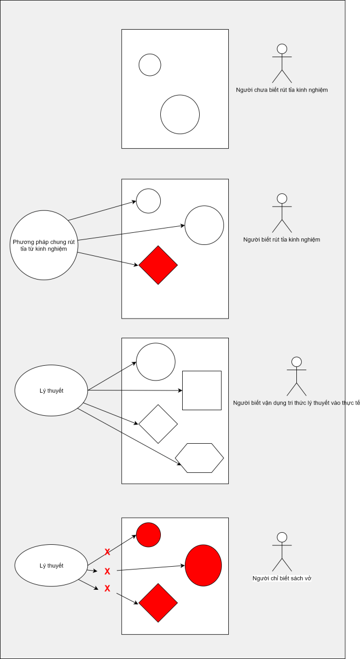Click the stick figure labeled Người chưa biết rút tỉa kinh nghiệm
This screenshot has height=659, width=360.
(x=282, y=63)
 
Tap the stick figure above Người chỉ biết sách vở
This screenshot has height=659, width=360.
(x=282, y=551)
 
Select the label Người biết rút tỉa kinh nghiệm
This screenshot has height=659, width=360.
(x=282, y=239)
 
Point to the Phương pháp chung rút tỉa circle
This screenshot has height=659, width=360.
(x=43, y=245)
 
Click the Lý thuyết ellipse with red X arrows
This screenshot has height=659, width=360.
(x=51, y=566)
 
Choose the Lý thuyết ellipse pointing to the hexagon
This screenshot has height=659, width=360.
(x=51, y=390)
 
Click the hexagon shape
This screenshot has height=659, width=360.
(x=199, y=457)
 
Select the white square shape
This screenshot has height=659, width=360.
(x=201, y=390)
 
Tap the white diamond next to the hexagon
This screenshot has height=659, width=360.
(x=158, y=424)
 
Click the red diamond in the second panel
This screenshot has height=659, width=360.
(x=158, y=265)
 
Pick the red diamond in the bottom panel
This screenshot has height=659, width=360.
(x=158, y=603)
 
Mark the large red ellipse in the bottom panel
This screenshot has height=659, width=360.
(x=203, y=566)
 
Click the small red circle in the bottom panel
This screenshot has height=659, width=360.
(x=148, y=535)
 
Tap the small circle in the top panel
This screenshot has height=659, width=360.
(x=150, y=65)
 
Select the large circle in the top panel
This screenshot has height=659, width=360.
(x=180, y=114)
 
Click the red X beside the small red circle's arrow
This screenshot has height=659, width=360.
(x=108, y=551)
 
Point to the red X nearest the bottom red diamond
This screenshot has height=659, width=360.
(x=108, y=589)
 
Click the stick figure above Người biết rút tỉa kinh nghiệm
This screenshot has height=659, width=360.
(x=282, y=213)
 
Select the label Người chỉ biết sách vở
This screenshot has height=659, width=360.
(x=282, y=578)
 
